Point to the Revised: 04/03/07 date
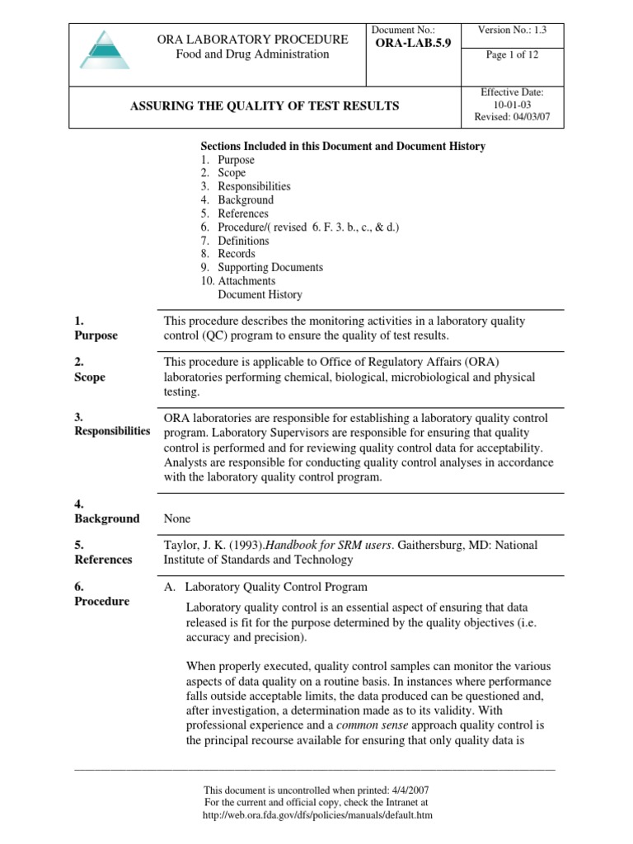pyautogui.click(x=512, y=118)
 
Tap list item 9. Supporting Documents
pyautogui.click(x=261, y=267)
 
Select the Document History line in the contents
pyautogui.click(x=260, y=294)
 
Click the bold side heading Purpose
pyautogui.click(x=96, y=335)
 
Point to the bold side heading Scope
pyautogui.click(x=90, y=377)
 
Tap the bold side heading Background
pyautogui.click(x=106, y=518)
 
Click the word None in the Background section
pyautogui.click(x=177, y=518)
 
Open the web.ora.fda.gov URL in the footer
pyautogui.click(x=317, y=814)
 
